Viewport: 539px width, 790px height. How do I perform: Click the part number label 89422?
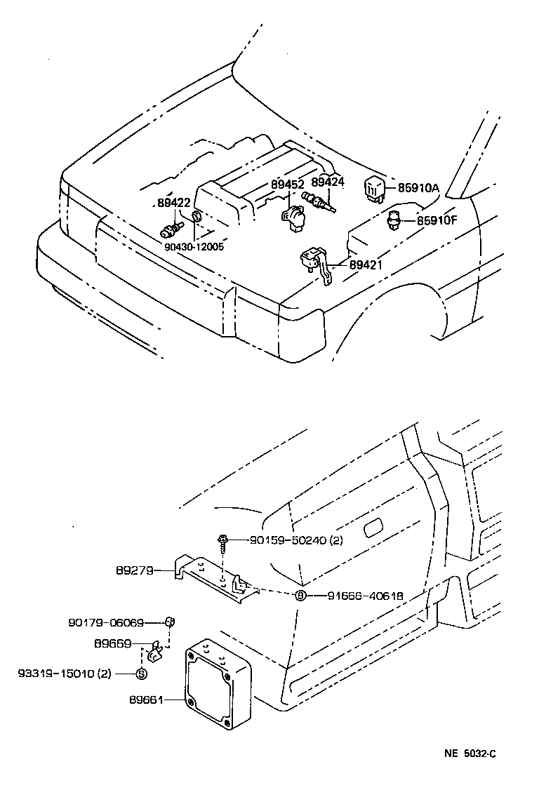pyautogui.click(x=173, y=203)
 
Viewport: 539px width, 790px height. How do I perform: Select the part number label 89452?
pyautogui.click(x=288, y=185)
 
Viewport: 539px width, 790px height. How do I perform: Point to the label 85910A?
pyautogui.click(x=418, y=188)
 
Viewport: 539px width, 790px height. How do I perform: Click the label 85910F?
pyautogui.click(x=437, y=220)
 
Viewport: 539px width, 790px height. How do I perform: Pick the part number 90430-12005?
pyautogui.click(x=194, y=246)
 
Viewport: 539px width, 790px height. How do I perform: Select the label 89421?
pyautogui.click(x=366, y=266)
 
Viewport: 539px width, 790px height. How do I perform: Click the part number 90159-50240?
pyautogui.click(x=286, y=540)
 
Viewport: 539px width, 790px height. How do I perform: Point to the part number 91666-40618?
pyautogui.click(x=365, y=596)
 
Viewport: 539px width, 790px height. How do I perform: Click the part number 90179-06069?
pyautogui.click(x=106, y=622)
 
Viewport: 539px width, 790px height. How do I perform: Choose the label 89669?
pyautogui.click(x=111, y=643)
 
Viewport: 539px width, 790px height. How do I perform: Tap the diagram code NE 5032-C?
pyautogui.click(x=470, y=754)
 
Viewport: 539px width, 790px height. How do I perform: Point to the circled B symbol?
pyautogui.click(x=300, y=596)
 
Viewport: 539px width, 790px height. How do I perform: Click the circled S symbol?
pyautogui.click(x=140, y=674)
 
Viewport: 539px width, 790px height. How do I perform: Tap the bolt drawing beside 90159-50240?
pyautogui.click(x=222, y=541)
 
